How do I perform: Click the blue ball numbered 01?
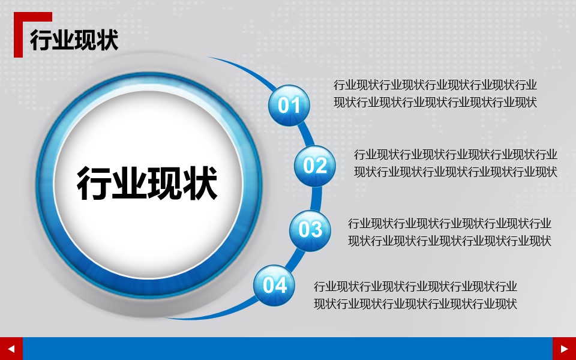point(289,106)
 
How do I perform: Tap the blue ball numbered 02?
point(314,165)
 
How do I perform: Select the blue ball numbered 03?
point(310,229)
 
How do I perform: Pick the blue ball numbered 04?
point(274,285)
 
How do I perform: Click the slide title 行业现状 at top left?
point(74,40)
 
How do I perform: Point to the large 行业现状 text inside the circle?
point(147,184)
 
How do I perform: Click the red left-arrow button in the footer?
point(11,349)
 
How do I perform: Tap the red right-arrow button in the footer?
point(564,349)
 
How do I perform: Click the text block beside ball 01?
point(435,93)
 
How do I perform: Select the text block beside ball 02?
point(455,163)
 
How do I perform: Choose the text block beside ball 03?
point(449,232)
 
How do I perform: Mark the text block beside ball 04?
point(415,295)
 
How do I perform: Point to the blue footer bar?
point(287,349)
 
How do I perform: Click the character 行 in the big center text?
point(95,184)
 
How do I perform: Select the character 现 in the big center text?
point(165,184)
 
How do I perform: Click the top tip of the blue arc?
point(210,58)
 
